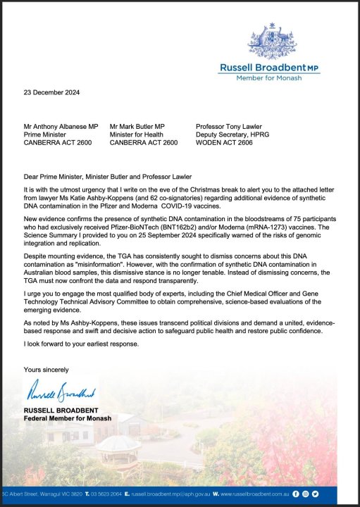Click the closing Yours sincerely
[x=46, y=370]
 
